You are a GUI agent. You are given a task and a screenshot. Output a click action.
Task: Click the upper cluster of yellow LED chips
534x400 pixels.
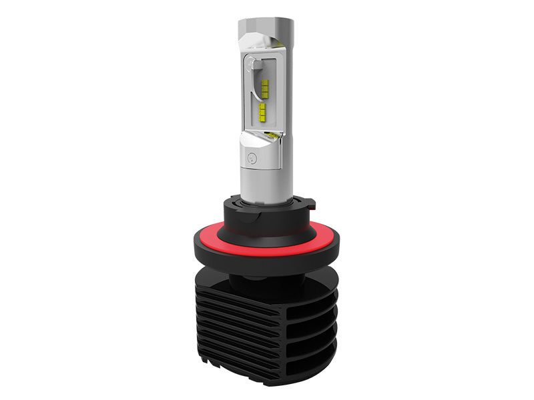point(264,87)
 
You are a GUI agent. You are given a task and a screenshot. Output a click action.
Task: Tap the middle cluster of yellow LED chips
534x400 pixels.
point(262,110)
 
